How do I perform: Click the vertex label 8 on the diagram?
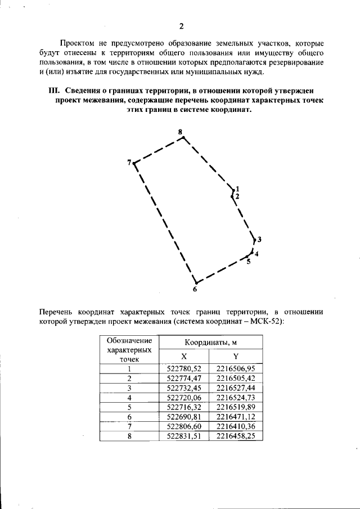[x=180, y=132]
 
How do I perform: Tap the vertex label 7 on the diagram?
[x=129, y=162]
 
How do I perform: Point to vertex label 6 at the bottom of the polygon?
[x=195, y=290]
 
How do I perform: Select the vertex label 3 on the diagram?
[x=259, y=240]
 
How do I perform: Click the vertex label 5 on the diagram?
[x=248, y=262]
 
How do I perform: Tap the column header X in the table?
[x=184, y=356]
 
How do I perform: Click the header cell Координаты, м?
[x=210, y=342]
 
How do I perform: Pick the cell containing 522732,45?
[x=184, y=388]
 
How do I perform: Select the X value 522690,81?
[x=184, y=416]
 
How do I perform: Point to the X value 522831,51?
[x=184, y=435]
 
